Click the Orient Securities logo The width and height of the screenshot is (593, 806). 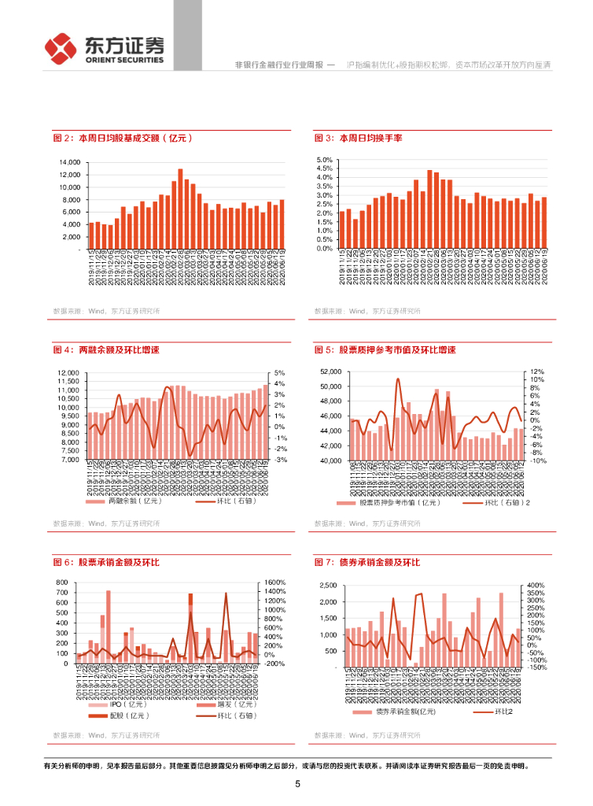point(105,48)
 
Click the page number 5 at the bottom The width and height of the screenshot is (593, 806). point(297,784)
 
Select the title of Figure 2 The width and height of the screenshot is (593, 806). point(123,138)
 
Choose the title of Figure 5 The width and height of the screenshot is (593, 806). point(385,349)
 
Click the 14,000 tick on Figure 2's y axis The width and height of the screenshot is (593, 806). point(69,162)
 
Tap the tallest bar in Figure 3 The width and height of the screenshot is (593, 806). point(429,209)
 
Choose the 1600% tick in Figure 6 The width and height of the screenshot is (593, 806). point(274,582)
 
